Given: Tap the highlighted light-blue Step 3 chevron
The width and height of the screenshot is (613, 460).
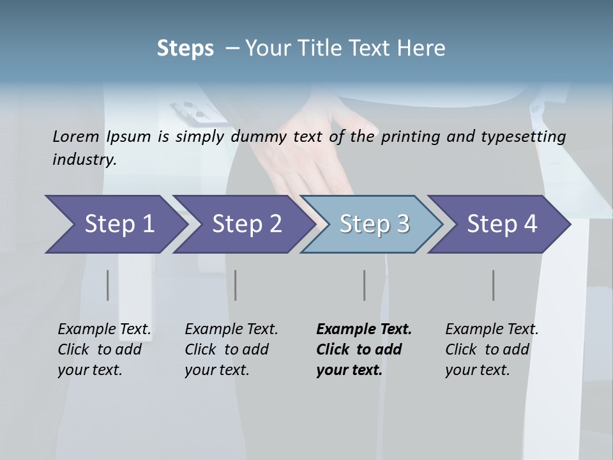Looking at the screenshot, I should (374, 224).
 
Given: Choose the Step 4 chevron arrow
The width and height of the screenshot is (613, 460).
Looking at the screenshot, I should (501, 224).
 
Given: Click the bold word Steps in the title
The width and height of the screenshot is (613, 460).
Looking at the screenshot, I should (185, 48).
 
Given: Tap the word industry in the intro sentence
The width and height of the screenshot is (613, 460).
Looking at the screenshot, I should (84, 159).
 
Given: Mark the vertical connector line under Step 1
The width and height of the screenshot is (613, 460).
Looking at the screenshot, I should (108, 285).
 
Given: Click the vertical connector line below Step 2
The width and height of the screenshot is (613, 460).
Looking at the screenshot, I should (236, 285).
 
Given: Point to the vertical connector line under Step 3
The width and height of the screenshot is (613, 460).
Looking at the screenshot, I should (365, 285).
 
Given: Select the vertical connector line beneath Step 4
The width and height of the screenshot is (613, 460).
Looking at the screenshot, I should (494, 285).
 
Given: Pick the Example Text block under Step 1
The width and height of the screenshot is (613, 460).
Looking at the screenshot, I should (103, 349).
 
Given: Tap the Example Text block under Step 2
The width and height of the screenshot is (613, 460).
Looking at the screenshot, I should (231, 349).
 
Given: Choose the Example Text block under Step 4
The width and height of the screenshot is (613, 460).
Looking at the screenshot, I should (491, 349).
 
